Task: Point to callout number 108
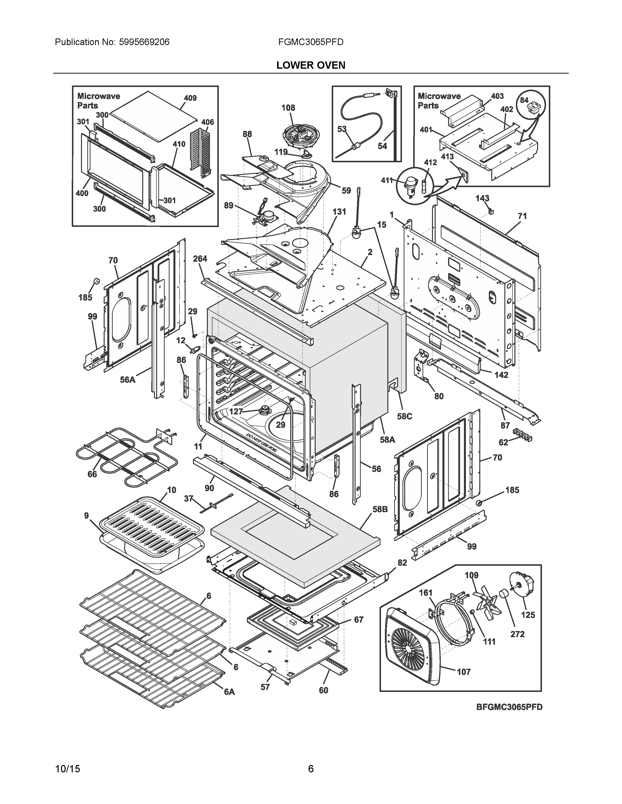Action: pyautogui.click(x=288, y=108)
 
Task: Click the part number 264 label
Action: pyautogui.click(x=200, y=259)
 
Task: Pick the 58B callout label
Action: pyautogui.click(x=380, y=509)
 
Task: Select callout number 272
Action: pyautogui.click(x=517, y=634)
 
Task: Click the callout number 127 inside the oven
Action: pyautogui.click(x=236, y=412)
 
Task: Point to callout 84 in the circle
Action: pyautogui.click(x=524, y=100)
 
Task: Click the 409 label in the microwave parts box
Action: pyautogui.click(x=190, y=98)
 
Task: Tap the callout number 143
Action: pyautogui.click(x=482, y=198)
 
